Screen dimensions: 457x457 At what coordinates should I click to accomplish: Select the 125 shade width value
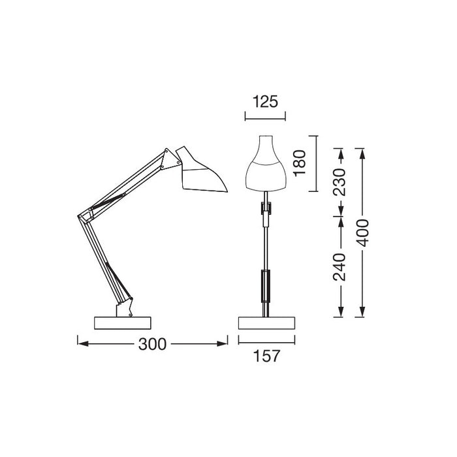264,101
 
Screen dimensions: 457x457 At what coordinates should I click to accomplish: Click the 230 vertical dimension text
339,182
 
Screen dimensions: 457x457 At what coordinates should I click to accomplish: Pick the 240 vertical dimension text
339,266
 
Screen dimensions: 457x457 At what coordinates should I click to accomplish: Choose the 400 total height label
363,232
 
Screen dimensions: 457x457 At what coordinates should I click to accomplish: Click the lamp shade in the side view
203,171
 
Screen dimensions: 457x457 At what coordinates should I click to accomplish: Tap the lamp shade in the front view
265,167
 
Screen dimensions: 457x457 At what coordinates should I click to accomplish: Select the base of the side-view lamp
123,323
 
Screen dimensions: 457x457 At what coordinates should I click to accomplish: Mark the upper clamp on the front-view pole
265,208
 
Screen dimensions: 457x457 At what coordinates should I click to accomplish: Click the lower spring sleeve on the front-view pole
265,285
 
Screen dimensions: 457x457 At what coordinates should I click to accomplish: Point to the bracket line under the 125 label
264,118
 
